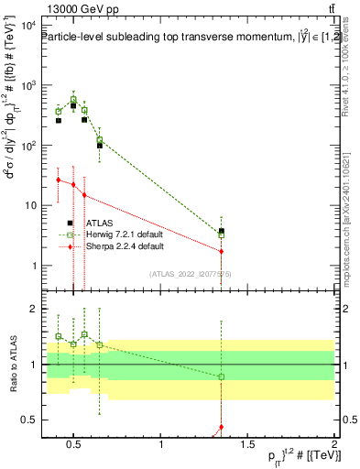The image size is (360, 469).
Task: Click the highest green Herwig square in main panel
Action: coord(73,99)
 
